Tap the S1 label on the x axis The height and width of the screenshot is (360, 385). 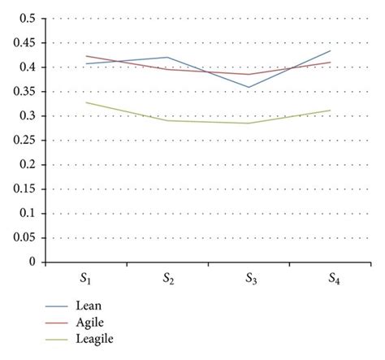click(86, 280)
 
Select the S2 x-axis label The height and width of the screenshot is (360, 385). click(168, 280)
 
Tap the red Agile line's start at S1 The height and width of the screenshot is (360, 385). click(86, 56)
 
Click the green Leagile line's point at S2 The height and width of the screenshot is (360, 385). click(168, 120)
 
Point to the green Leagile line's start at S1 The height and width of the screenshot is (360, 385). click(86, 102)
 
